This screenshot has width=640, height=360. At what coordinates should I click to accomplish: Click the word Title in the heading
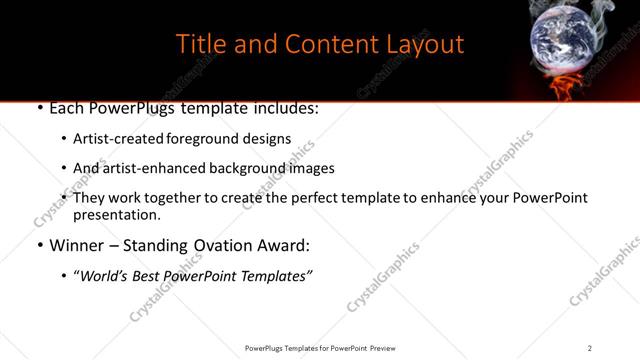point(199,45)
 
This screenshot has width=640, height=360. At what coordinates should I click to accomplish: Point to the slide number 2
point(590,347)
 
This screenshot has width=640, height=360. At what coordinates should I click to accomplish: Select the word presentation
point(116,215)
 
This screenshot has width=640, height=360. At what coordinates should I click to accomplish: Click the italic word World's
point(106,275)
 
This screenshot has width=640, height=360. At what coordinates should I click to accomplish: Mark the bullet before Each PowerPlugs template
point(38,107)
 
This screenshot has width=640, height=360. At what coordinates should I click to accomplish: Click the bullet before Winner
point(38,245)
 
